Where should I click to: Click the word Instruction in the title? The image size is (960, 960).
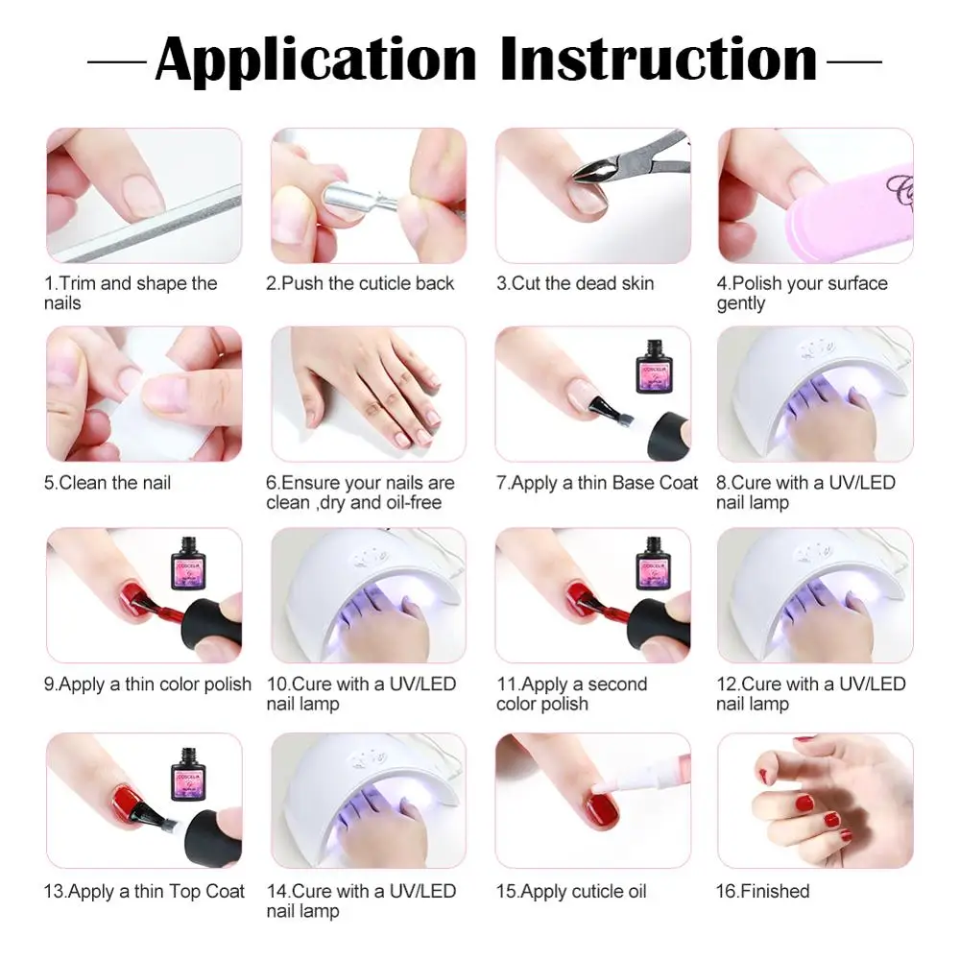click(659, 60)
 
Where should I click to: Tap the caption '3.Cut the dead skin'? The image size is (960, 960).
click(575, 283)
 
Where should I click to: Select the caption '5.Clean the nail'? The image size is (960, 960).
click(108, 482)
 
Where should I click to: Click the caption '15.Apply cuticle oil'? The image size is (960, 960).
click(571, 891)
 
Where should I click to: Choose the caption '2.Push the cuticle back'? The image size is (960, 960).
click(360, 283)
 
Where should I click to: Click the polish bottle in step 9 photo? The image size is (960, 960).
click(192, 562)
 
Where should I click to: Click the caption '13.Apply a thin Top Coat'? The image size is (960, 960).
click(144, 891)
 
